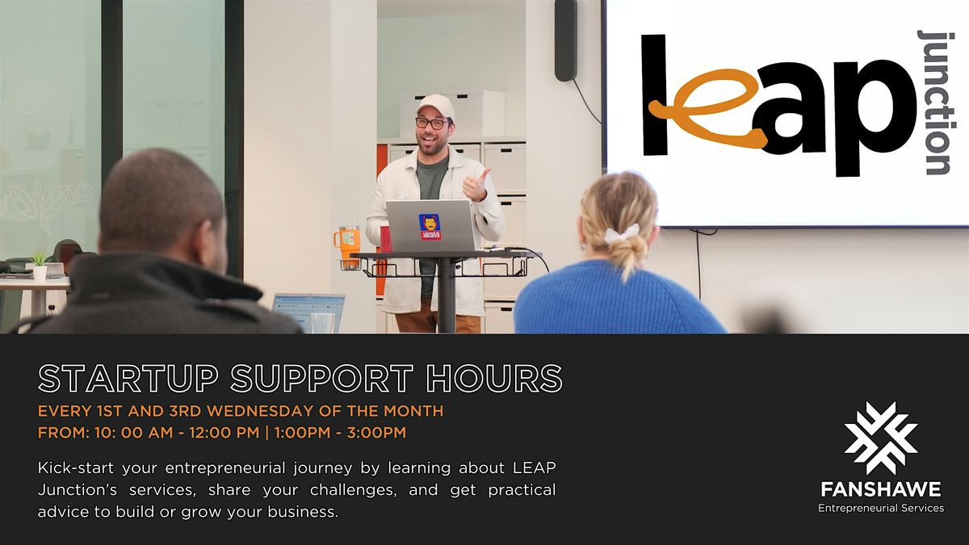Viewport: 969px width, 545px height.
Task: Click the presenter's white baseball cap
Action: click(x=435, y=107)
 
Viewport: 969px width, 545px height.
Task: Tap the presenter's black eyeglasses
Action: click(x=433, y=124)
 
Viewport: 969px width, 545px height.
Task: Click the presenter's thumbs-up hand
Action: click(x=476, y=185)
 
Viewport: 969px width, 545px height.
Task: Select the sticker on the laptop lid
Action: click(x=430, y=227)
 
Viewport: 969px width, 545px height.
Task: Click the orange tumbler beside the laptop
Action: click(x=347, y=247)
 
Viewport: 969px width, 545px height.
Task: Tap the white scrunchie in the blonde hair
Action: click(x=621, y=233)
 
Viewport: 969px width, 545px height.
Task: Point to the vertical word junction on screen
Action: click(x=937, y=103)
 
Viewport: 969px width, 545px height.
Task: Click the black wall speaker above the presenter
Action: click(x=566, y=40)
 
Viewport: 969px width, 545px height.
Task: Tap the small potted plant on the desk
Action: click(x=39, y=265)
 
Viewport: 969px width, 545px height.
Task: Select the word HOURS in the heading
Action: click(x=493, y=378)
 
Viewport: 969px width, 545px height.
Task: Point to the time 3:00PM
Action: click(x=376, y=433)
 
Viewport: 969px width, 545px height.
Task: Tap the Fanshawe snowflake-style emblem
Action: click(x=881, y=438)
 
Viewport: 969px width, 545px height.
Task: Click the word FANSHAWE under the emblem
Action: click(x=881, y=489)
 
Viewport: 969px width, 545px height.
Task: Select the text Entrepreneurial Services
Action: click(x=881, y=509)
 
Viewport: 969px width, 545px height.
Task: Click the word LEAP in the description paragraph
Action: click(x=534, y=467)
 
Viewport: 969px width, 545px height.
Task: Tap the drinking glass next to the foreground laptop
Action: click(x=323, y=323)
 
